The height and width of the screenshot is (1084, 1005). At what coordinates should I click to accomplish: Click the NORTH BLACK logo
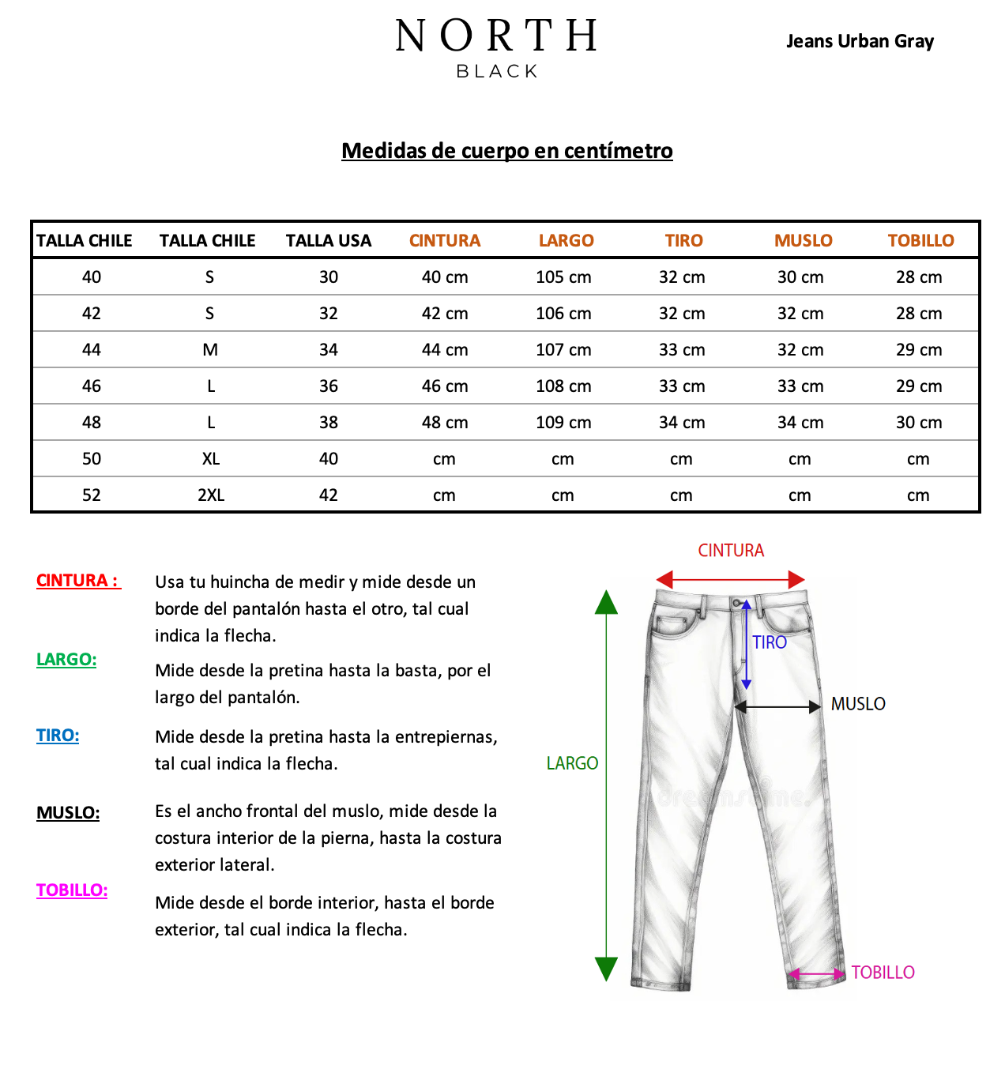[496, 47]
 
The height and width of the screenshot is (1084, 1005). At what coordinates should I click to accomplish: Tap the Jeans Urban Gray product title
[860, 41]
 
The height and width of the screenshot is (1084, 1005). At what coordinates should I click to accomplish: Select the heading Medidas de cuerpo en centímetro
[506, 150]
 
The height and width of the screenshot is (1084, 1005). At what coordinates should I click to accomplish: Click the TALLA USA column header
[329, 240]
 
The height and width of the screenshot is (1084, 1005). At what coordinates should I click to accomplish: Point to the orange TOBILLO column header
[920, 240]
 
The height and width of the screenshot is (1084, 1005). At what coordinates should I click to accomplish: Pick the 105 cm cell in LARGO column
[563, 277]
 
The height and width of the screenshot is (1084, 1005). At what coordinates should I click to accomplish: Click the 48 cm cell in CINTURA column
[445, 423]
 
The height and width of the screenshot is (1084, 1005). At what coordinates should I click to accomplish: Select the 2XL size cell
[210, 495]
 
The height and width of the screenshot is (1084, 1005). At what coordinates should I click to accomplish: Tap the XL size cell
[210, 459]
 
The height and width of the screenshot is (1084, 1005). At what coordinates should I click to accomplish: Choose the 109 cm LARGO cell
[563, 423]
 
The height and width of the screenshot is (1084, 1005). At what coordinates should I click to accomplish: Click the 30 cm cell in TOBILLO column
[919, 423]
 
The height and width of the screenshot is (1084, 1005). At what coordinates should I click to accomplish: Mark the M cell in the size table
[210, 350]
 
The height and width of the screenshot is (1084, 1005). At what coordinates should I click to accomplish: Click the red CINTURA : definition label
[78, 580]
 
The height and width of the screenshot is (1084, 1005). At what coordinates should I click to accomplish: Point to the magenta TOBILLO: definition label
[72, 890]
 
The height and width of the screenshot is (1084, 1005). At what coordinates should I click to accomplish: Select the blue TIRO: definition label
[58, 735]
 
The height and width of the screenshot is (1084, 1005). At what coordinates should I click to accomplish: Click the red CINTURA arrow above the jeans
[730, 579]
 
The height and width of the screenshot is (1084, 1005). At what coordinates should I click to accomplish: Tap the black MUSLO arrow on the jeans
[777, 706]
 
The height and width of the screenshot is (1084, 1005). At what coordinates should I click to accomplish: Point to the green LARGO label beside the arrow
[572, 763]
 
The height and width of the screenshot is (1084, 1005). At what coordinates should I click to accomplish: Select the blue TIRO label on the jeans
[770, 642]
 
